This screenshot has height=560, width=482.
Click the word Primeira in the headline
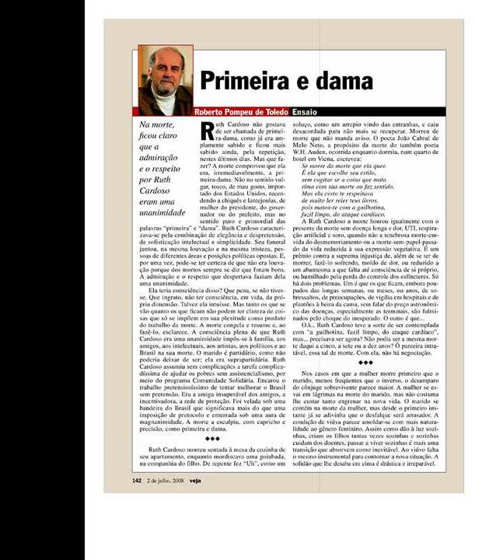(247, 82)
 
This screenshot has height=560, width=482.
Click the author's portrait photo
(165, 80)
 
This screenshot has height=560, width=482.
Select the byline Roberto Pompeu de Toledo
(241, 112)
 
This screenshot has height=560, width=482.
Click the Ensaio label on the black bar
(305, 112)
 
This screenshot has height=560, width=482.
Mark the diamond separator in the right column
(365, 362)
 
